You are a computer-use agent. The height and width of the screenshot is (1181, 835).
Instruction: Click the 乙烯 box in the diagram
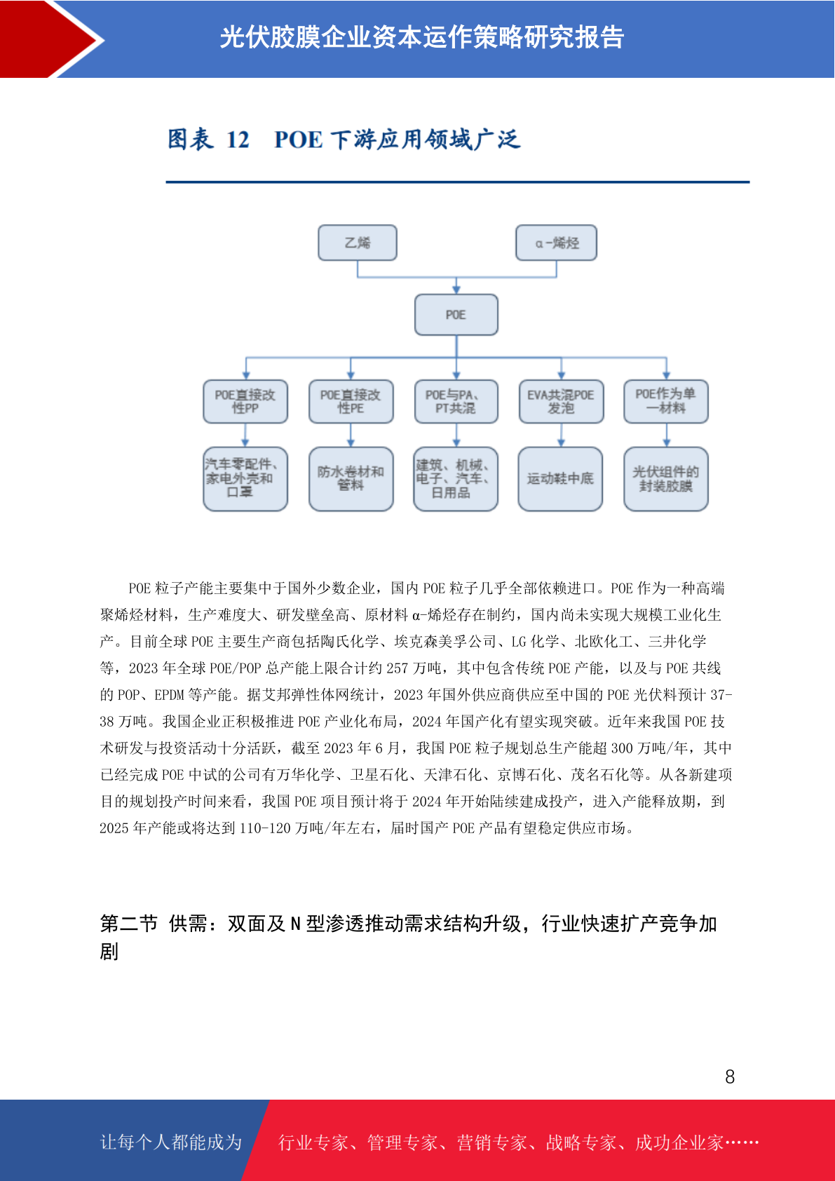[x=358, y=243]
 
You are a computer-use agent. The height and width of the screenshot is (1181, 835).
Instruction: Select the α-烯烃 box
[x=556, y=243]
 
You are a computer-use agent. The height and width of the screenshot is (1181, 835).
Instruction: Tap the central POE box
[x=456, y=315]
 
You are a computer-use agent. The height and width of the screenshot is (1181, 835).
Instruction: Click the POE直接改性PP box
[x=245, y=401]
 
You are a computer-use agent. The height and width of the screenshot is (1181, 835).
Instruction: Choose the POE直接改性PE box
[x=351, y=401]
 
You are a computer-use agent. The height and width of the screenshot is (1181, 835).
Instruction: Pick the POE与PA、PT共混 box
[x=456, y=401]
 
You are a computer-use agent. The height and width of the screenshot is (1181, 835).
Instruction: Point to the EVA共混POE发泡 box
[x=561, y=401]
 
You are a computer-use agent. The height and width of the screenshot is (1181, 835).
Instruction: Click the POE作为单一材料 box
[x=666, y=401]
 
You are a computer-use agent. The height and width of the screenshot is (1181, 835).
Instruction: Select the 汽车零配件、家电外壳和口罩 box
[x=245, y=479]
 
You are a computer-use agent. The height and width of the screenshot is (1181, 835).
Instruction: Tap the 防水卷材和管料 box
[x=351, y=479]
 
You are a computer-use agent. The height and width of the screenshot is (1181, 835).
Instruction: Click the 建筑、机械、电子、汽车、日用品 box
[x=456, y=479]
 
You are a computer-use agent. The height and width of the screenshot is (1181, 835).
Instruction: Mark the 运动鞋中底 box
[x=560, y=479]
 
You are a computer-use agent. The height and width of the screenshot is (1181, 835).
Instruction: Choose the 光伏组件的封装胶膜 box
[x=666, y=479]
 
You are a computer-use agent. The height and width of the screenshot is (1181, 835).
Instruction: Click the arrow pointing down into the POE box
[x=456, y=285]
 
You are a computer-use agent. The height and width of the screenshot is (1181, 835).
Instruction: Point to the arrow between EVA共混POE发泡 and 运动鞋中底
[x=561, y=435]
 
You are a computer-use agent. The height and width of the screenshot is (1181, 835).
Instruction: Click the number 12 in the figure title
[x=238, y=140]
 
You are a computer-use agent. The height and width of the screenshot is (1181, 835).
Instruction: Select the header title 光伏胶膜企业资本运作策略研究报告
[x=422, y=37]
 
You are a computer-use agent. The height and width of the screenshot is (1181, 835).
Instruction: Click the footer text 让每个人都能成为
[x=171, y=1142]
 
